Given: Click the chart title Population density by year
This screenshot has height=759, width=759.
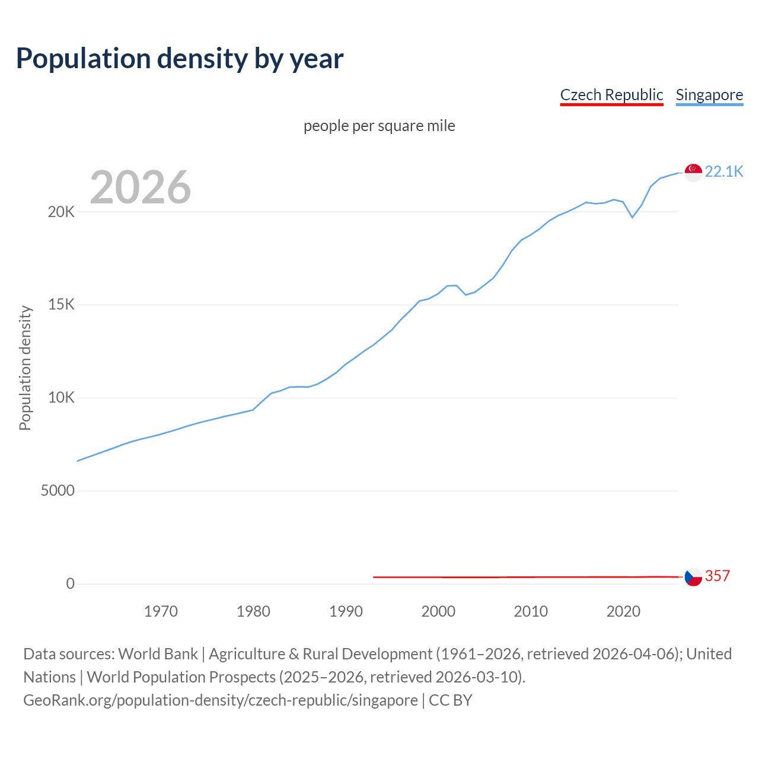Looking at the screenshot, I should point(180,59).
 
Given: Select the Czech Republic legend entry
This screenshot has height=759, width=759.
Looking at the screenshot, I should point(611,95).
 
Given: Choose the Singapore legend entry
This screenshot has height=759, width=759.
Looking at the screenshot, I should point(709,95).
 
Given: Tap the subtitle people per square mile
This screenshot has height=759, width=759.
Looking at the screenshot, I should point(379,126).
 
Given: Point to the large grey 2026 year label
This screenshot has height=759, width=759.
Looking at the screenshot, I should point(141,187).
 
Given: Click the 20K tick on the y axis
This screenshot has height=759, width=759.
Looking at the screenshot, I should point(61,212).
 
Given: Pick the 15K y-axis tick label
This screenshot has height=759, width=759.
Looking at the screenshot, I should point(61,305).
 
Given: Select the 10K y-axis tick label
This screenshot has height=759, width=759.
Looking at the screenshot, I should point(61,398).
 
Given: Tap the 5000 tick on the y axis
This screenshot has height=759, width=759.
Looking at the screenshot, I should point(58,491).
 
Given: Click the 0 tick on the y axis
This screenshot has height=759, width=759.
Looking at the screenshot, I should point(70,584).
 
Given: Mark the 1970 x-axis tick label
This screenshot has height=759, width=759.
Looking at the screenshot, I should point(161,611).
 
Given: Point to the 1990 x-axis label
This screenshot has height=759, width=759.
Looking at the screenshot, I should point(346,611).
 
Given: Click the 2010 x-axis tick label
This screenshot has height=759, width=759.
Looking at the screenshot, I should point(531,611).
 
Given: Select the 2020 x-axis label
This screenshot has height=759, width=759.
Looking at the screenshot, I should point(623,611).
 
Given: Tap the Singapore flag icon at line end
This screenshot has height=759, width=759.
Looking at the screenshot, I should point(693,172).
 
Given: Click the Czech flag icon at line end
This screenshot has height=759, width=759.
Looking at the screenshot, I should point(693,576).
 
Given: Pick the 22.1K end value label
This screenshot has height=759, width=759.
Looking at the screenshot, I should point(724,172).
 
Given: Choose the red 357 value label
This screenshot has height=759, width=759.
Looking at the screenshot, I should point(717,576).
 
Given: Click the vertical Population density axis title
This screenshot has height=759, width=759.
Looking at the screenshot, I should point(25,368).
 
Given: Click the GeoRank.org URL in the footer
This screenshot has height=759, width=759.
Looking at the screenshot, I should point(220,700).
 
